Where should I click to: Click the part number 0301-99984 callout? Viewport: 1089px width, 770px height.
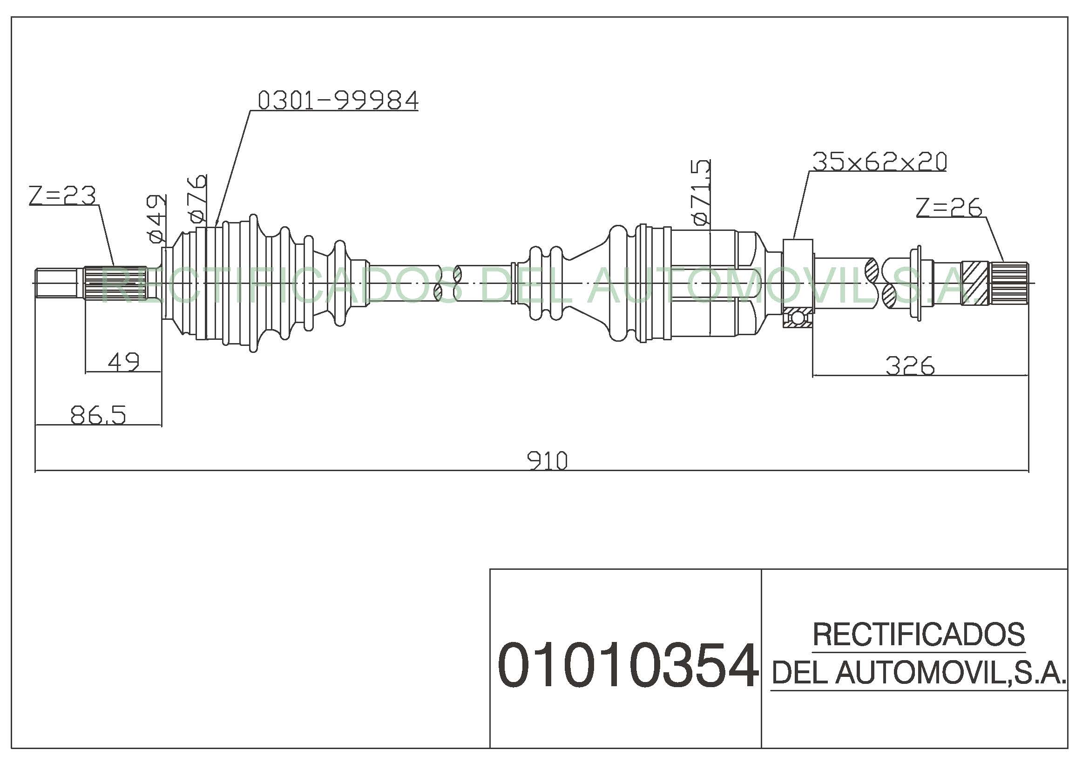tap(338, 101)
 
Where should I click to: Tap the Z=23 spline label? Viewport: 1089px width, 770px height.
tap(62, 196)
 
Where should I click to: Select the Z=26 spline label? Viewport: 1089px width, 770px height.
tap(949, 208)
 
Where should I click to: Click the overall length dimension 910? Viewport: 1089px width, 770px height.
tap(547, 461)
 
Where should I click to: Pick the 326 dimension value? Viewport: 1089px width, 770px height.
tap(910, 366)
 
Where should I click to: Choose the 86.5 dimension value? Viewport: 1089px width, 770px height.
tap(98, 415)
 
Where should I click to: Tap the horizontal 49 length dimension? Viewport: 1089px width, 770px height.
tap(124, 363)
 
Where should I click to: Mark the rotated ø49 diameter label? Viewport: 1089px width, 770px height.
tap(157, 218)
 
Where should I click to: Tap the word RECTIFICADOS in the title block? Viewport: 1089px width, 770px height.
tap(919, 635)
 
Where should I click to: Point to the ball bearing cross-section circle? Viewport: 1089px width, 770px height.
tap(797, 317)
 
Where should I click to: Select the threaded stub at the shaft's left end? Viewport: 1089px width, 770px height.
tap(57, 283)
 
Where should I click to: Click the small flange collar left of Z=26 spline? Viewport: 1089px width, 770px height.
tap(919, 283)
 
